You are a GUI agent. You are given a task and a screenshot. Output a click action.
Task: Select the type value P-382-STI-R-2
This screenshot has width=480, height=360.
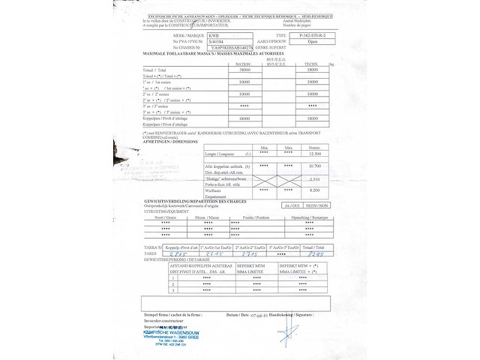[311, 35]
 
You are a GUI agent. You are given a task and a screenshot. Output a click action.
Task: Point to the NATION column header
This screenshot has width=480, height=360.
[244, 64]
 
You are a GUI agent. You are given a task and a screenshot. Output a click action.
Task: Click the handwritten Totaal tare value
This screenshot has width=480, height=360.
[315, 254]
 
